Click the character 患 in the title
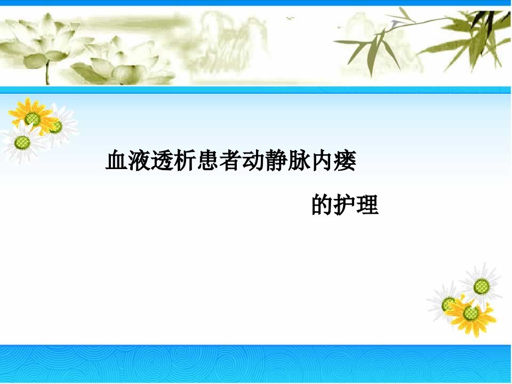(x=208, y=161)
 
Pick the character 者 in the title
(x=231, y=161)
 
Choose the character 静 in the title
(x=277, y=161)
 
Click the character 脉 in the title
(x=299, y=161)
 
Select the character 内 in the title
(x=322, y=161)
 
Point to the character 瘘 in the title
(x=345, y=161)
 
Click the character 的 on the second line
(x=323, y=205)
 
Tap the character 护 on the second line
(x=345, y=205)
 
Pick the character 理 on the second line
(x=367, y=205)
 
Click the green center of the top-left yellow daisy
(x=33, y=119)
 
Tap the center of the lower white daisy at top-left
(x=22, y=142)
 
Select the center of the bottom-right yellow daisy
(x=470, y=313)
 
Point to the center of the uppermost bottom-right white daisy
(x=481, y=287)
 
